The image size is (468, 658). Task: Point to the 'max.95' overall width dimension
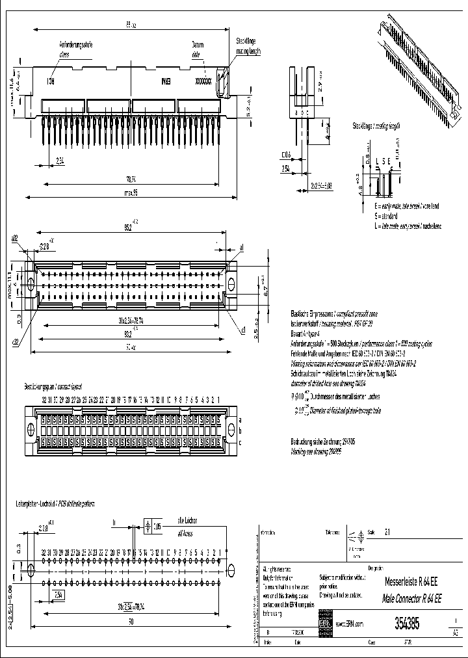(131, 192)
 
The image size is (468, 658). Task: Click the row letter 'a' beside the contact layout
(240, 421)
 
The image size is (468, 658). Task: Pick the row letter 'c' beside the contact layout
(240, 442)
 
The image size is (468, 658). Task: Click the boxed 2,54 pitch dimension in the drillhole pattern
(58, 594)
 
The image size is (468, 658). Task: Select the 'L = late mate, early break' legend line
(398, 226)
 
